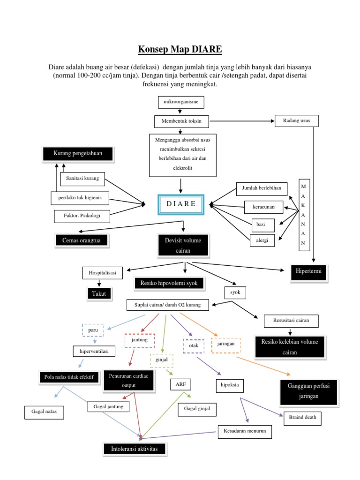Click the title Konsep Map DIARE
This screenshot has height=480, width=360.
(x=180, y=49)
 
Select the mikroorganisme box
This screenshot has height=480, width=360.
(x=180, y=102)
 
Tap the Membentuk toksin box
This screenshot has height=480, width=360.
(x=181, y=121)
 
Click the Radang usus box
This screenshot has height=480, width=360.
(x=296, y=120)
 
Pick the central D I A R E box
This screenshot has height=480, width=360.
(x=181, y=205)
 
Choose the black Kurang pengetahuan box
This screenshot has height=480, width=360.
(x=77, y=153)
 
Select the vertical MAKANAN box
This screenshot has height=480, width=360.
(x=303, y=214)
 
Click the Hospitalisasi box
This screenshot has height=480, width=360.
(x=102, y=272)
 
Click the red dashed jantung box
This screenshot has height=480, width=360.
(x=139, y=340)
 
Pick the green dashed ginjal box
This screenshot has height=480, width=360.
(x=161, y=360)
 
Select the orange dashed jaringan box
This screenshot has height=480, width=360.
(x=226, y=345)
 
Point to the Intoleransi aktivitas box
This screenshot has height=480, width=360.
(x=135, y=449)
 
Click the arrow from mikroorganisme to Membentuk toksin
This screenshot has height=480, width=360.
(x=180, y=112)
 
